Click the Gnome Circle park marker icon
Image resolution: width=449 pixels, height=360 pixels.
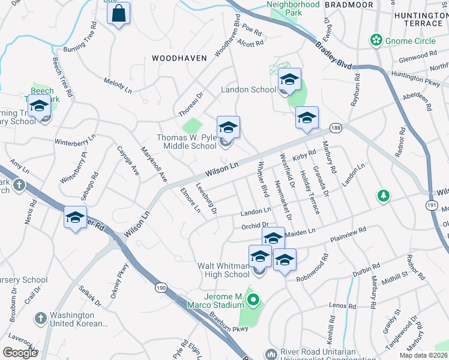(376, 40)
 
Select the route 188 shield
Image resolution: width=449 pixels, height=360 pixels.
(335, 127)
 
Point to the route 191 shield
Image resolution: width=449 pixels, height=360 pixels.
(433, 206)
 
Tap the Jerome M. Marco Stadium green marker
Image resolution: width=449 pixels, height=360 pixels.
(253, 299)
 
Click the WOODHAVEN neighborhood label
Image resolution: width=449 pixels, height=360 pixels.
(179, 58)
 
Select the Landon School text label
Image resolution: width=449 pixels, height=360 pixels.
(249, 89)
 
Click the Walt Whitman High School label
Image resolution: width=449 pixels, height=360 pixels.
(223, 270)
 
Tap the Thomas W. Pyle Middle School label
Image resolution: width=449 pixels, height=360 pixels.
(187, 142)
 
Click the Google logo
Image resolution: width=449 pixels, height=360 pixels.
(20, 352)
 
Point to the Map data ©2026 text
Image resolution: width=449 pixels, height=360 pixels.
(424, 355)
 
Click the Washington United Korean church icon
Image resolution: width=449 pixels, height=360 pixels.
(40, 318)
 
